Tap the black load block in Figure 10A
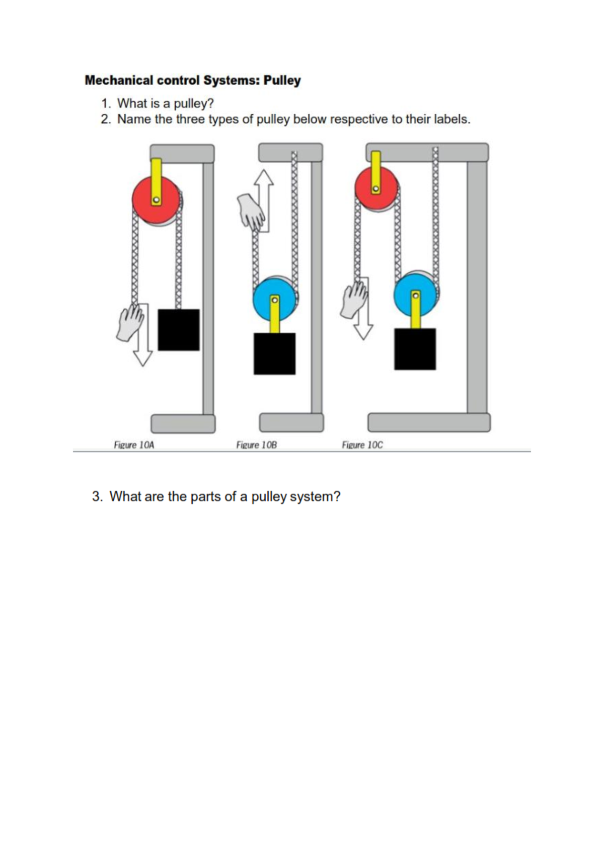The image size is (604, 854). tap(179, 330)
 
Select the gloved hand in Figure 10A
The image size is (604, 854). tap(129, 322)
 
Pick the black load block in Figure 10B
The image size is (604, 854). tap(274, 353)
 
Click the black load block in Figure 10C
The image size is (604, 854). tap(415, 349)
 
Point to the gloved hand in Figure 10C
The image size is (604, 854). tap(354, 300)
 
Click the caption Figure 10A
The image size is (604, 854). tap(134, 445)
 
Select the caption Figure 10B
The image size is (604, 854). tap(256, 445)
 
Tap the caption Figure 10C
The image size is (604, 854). tap(362, 445)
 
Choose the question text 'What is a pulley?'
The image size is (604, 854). tap(165, 104)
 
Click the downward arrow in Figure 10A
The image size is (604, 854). tap(143, 347)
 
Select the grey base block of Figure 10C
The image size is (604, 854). tap(429, 422)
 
